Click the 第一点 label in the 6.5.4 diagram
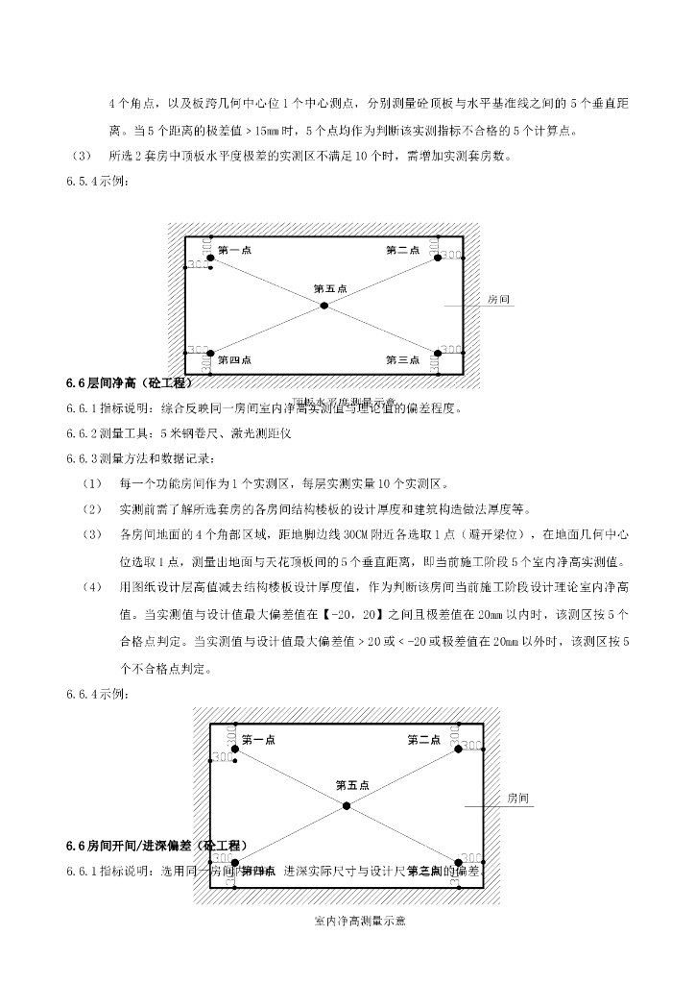pos(234,251)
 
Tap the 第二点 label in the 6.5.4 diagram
pos(402,251)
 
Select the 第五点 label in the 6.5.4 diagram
pos(330,288)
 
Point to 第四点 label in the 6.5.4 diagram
pos(234,360)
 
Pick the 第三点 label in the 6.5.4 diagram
pos(402,360)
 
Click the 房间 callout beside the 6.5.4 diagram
pos(499,300)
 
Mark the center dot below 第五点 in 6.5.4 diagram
pos(324,306)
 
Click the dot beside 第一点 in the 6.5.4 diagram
pos(210,258)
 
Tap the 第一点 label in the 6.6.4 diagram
pos(258,740)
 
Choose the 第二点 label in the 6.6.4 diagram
pos(423,740)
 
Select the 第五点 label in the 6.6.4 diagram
pos(352,785)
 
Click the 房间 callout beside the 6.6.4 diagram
pos(518,799)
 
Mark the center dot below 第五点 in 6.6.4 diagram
pos(347,805)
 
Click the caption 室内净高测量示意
pos(360,922)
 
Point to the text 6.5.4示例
pos(95,182)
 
